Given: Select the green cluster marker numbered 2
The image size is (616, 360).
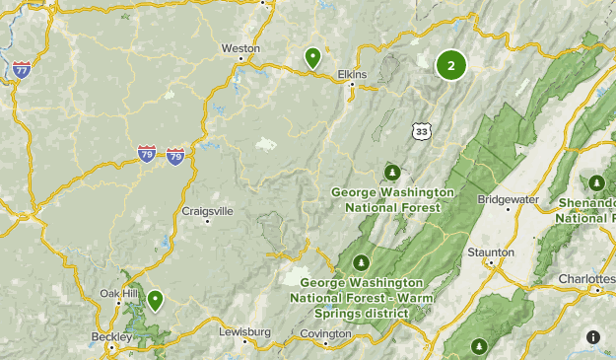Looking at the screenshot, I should [x=450, y=66].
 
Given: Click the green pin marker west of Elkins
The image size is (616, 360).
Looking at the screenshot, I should [x=312, y=58].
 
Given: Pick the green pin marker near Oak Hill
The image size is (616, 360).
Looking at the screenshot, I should [x=155, y=299].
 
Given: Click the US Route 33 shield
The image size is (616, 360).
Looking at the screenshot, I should [x=422, y=130].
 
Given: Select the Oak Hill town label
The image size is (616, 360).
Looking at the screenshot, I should [x=118, y=294].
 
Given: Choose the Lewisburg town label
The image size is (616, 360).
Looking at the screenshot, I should [x=243, y=332].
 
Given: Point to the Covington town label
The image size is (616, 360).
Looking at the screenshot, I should [x=325, y=333].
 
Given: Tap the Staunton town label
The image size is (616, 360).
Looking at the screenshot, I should [x=490, y=252].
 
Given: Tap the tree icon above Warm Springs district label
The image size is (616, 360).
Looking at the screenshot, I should [x=362, y=262].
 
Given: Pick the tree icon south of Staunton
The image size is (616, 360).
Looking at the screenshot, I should [x=479, y=345].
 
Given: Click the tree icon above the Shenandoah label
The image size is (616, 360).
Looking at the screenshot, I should [x=596, y=182].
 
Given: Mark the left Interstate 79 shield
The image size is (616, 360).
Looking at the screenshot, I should [x=146, y=155].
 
